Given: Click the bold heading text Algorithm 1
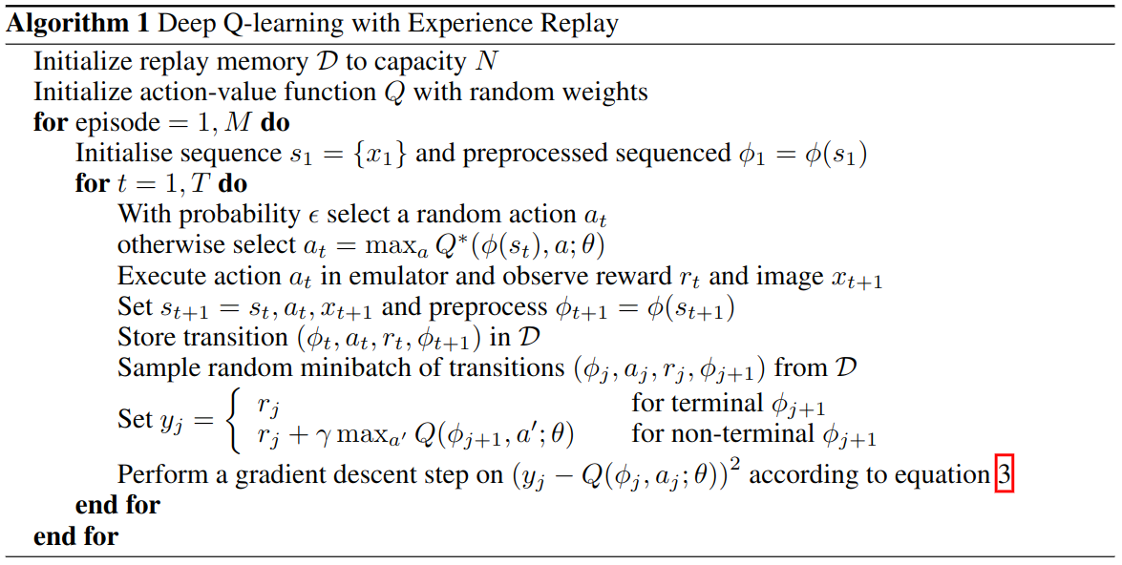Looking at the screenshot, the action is [77, 24].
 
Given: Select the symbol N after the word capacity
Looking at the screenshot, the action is [487, 61].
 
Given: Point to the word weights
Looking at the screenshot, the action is [603, 93].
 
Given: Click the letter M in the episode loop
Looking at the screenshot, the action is [238, 122].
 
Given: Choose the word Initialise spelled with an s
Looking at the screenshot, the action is [127, 153].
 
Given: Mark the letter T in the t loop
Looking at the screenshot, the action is [201, 184].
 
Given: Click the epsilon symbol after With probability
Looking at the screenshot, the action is [313, 216].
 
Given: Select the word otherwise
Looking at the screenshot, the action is [170, 244].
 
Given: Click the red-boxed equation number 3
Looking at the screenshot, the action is [1005, 475].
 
